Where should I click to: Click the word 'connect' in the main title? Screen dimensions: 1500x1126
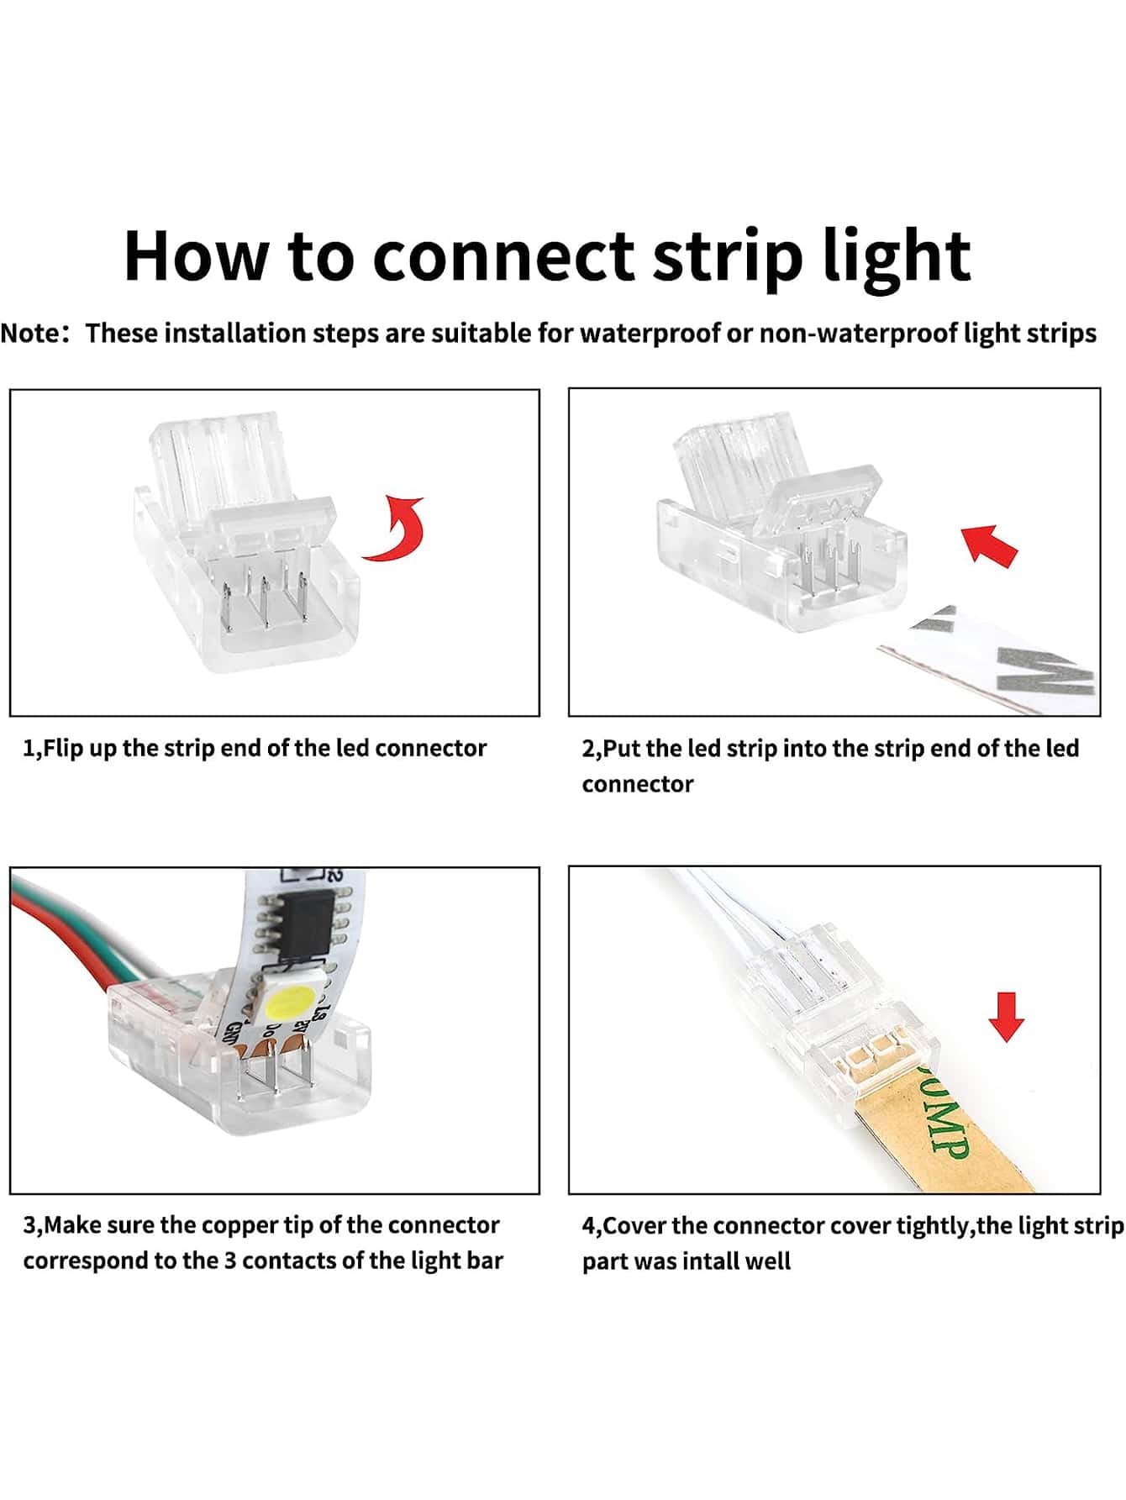click(x=502, y=256)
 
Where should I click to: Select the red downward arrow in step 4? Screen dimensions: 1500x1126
click(x=1006, y=1016)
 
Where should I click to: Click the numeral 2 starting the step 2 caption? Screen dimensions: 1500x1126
click(x=588, y=749)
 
